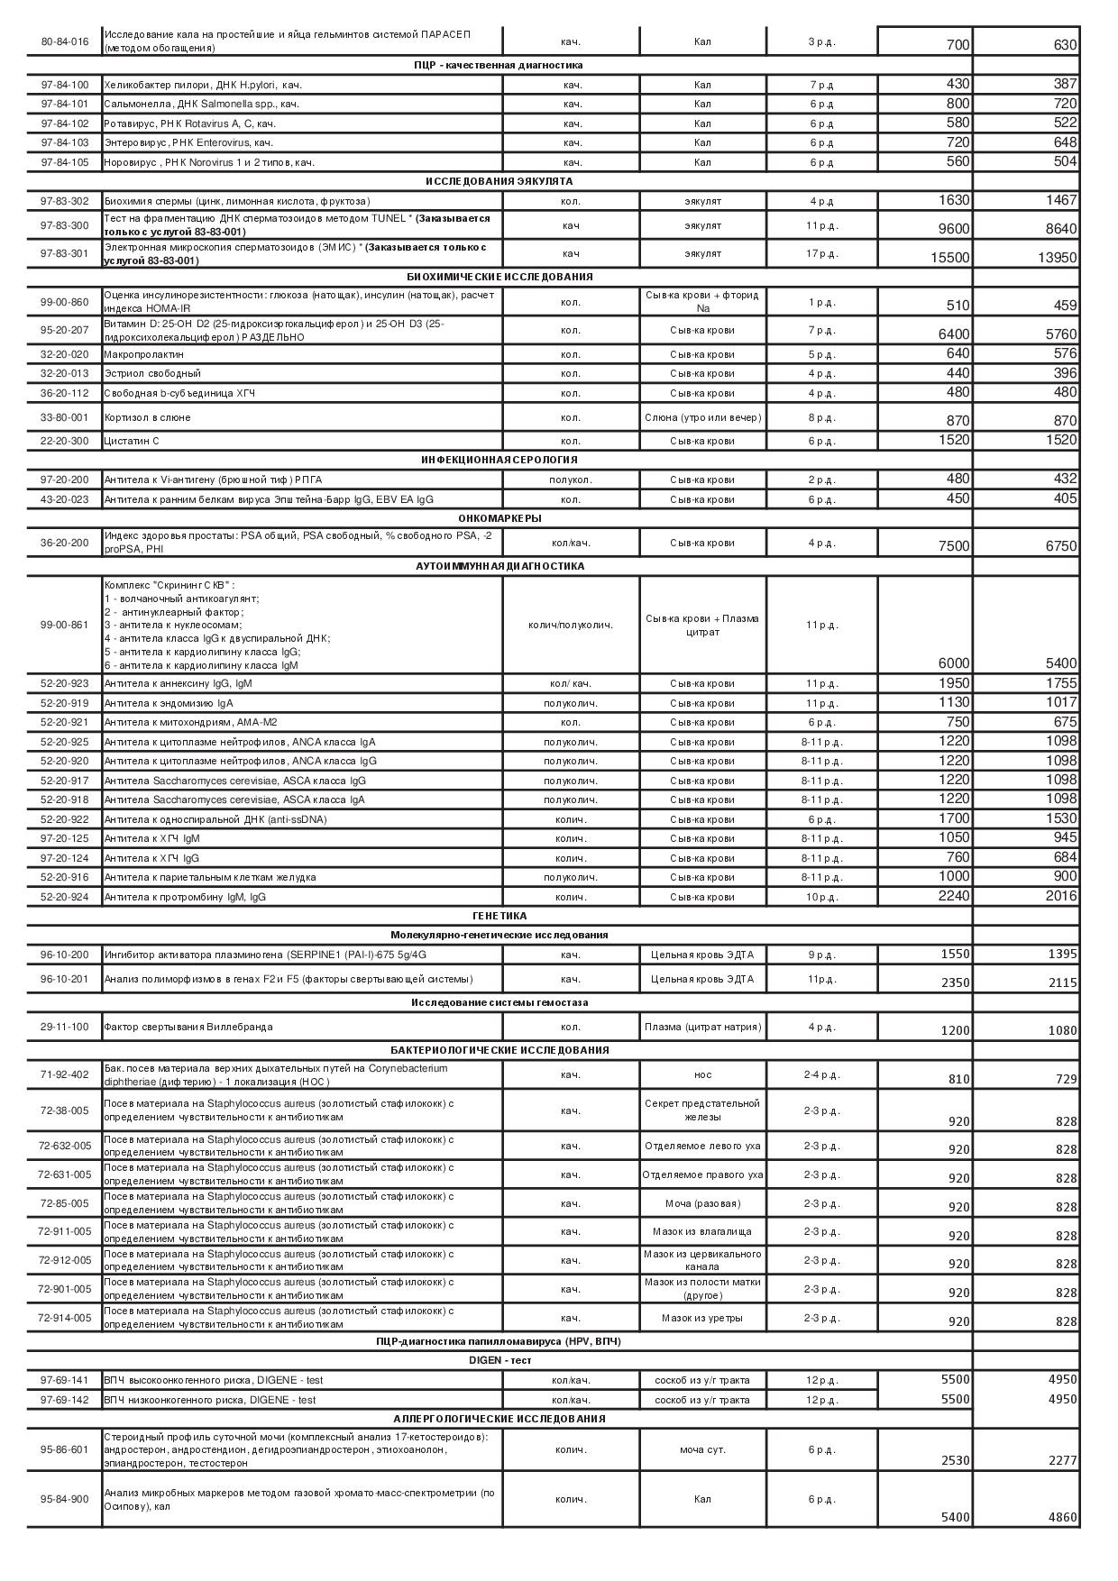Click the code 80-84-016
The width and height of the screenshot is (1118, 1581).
pos(64,41)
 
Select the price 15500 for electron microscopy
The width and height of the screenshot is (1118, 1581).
pos(949,258)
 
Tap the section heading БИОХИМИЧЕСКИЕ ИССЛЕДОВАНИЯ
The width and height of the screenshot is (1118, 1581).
pos(499,277)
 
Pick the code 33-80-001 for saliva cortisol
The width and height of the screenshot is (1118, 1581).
pos(64,417)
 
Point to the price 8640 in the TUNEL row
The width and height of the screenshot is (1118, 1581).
pos(1060,229)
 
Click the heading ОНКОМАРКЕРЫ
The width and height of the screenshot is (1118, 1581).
pos(499,518)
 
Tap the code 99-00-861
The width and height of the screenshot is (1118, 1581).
pos(64,625)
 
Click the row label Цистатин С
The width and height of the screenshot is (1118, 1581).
pos(132,441)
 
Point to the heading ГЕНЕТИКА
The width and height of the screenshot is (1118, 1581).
pos(499,916)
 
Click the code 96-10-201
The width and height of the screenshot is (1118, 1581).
pos(64,979)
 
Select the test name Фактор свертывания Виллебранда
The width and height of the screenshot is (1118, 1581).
pos(188,1027)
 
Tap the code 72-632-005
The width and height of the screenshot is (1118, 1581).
pos(64,1146)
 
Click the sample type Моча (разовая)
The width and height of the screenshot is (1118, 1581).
pos(702,1203)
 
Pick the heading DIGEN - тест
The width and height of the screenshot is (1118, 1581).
pos(499,1360)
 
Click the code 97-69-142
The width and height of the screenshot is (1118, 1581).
pos(64,1400)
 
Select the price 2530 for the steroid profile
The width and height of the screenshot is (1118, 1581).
pos(955,1460)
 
